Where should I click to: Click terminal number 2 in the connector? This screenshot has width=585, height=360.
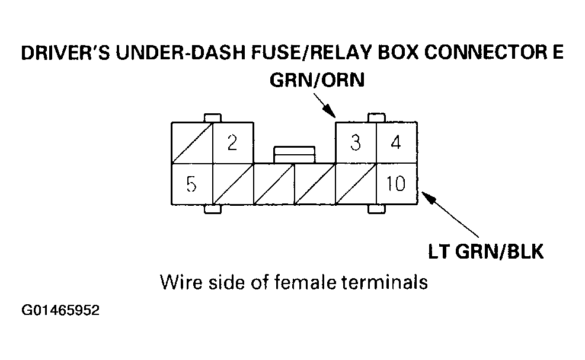232,143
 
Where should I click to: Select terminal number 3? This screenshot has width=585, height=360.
356,143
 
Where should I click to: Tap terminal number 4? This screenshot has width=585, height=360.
397,143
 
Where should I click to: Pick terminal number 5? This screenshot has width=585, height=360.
191,184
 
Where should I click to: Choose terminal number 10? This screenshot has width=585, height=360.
396,184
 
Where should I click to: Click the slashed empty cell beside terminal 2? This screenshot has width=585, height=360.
191,143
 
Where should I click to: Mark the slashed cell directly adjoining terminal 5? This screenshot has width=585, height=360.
232,184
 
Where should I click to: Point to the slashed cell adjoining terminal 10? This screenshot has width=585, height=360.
356,184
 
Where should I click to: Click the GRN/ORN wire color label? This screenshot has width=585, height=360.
317,81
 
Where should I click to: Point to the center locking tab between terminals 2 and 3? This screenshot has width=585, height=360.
294,154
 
